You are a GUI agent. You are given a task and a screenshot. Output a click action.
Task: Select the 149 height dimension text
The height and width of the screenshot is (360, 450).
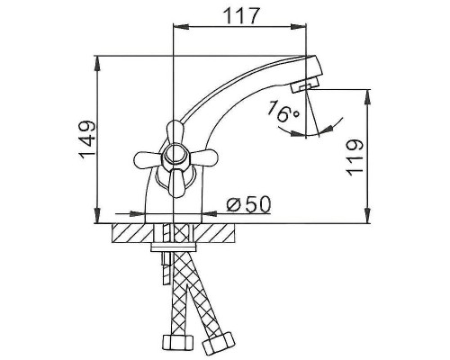(x=85, y=140)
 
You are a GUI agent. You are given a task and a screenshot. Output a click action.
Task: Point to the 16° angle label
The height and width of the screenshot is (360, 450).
(x=282, y=112)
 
